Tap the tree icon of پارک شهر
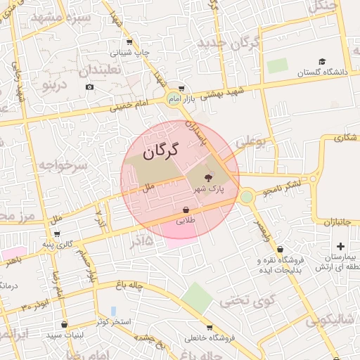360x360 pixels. click(x=208, y=178)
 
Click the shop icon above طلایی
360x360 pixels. click(x=186, y=210)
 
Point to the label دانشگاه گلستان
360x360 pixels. click(x=323, y=72)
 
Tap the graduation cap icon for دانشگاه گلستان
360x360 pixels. click(x=322, y=62)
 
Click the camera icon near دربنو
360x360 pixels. click(x=89, y=87)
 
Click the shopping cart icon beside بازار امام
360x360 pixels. click(x=181, y=89)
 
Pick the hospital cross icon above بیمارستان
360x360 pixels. click(x=341, y=246)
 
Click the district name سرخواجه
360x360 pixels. click(x=63, y=165)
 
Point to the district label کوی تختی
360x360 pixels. click(x=244, y=301)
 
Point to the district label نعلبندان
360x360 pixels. click(x=99, y=70)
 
